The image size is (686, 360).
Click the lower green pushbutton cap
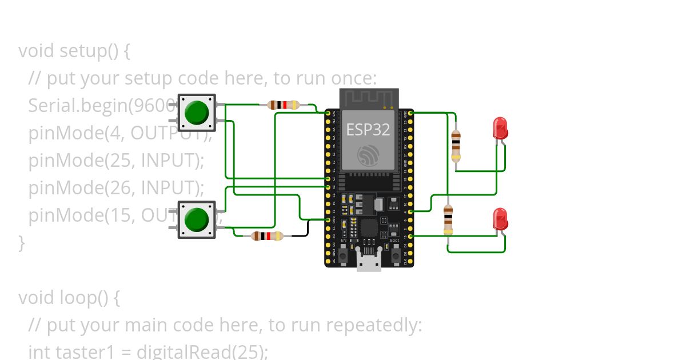click(x=197, y=219)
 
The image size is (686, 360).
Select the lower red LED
click(x=500, y=219)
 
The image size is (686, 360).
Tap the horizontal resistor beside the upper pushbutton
click(x=284, y=105)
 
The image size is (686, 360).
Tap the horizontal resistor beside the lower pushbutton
click(x=267, y=235)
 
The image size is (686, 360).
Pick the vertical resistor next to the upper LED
click(x=456, y=145)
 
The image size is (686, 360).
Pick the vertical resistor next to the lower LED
click(x=448, y=220)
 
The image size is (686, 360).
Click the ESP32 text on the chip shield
click(x=368, y=130)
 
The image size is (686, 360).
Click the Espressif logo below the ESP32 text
click(x=368, y=155)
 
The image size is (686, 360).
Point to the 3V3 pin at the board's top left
click(x=328, y=114)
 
